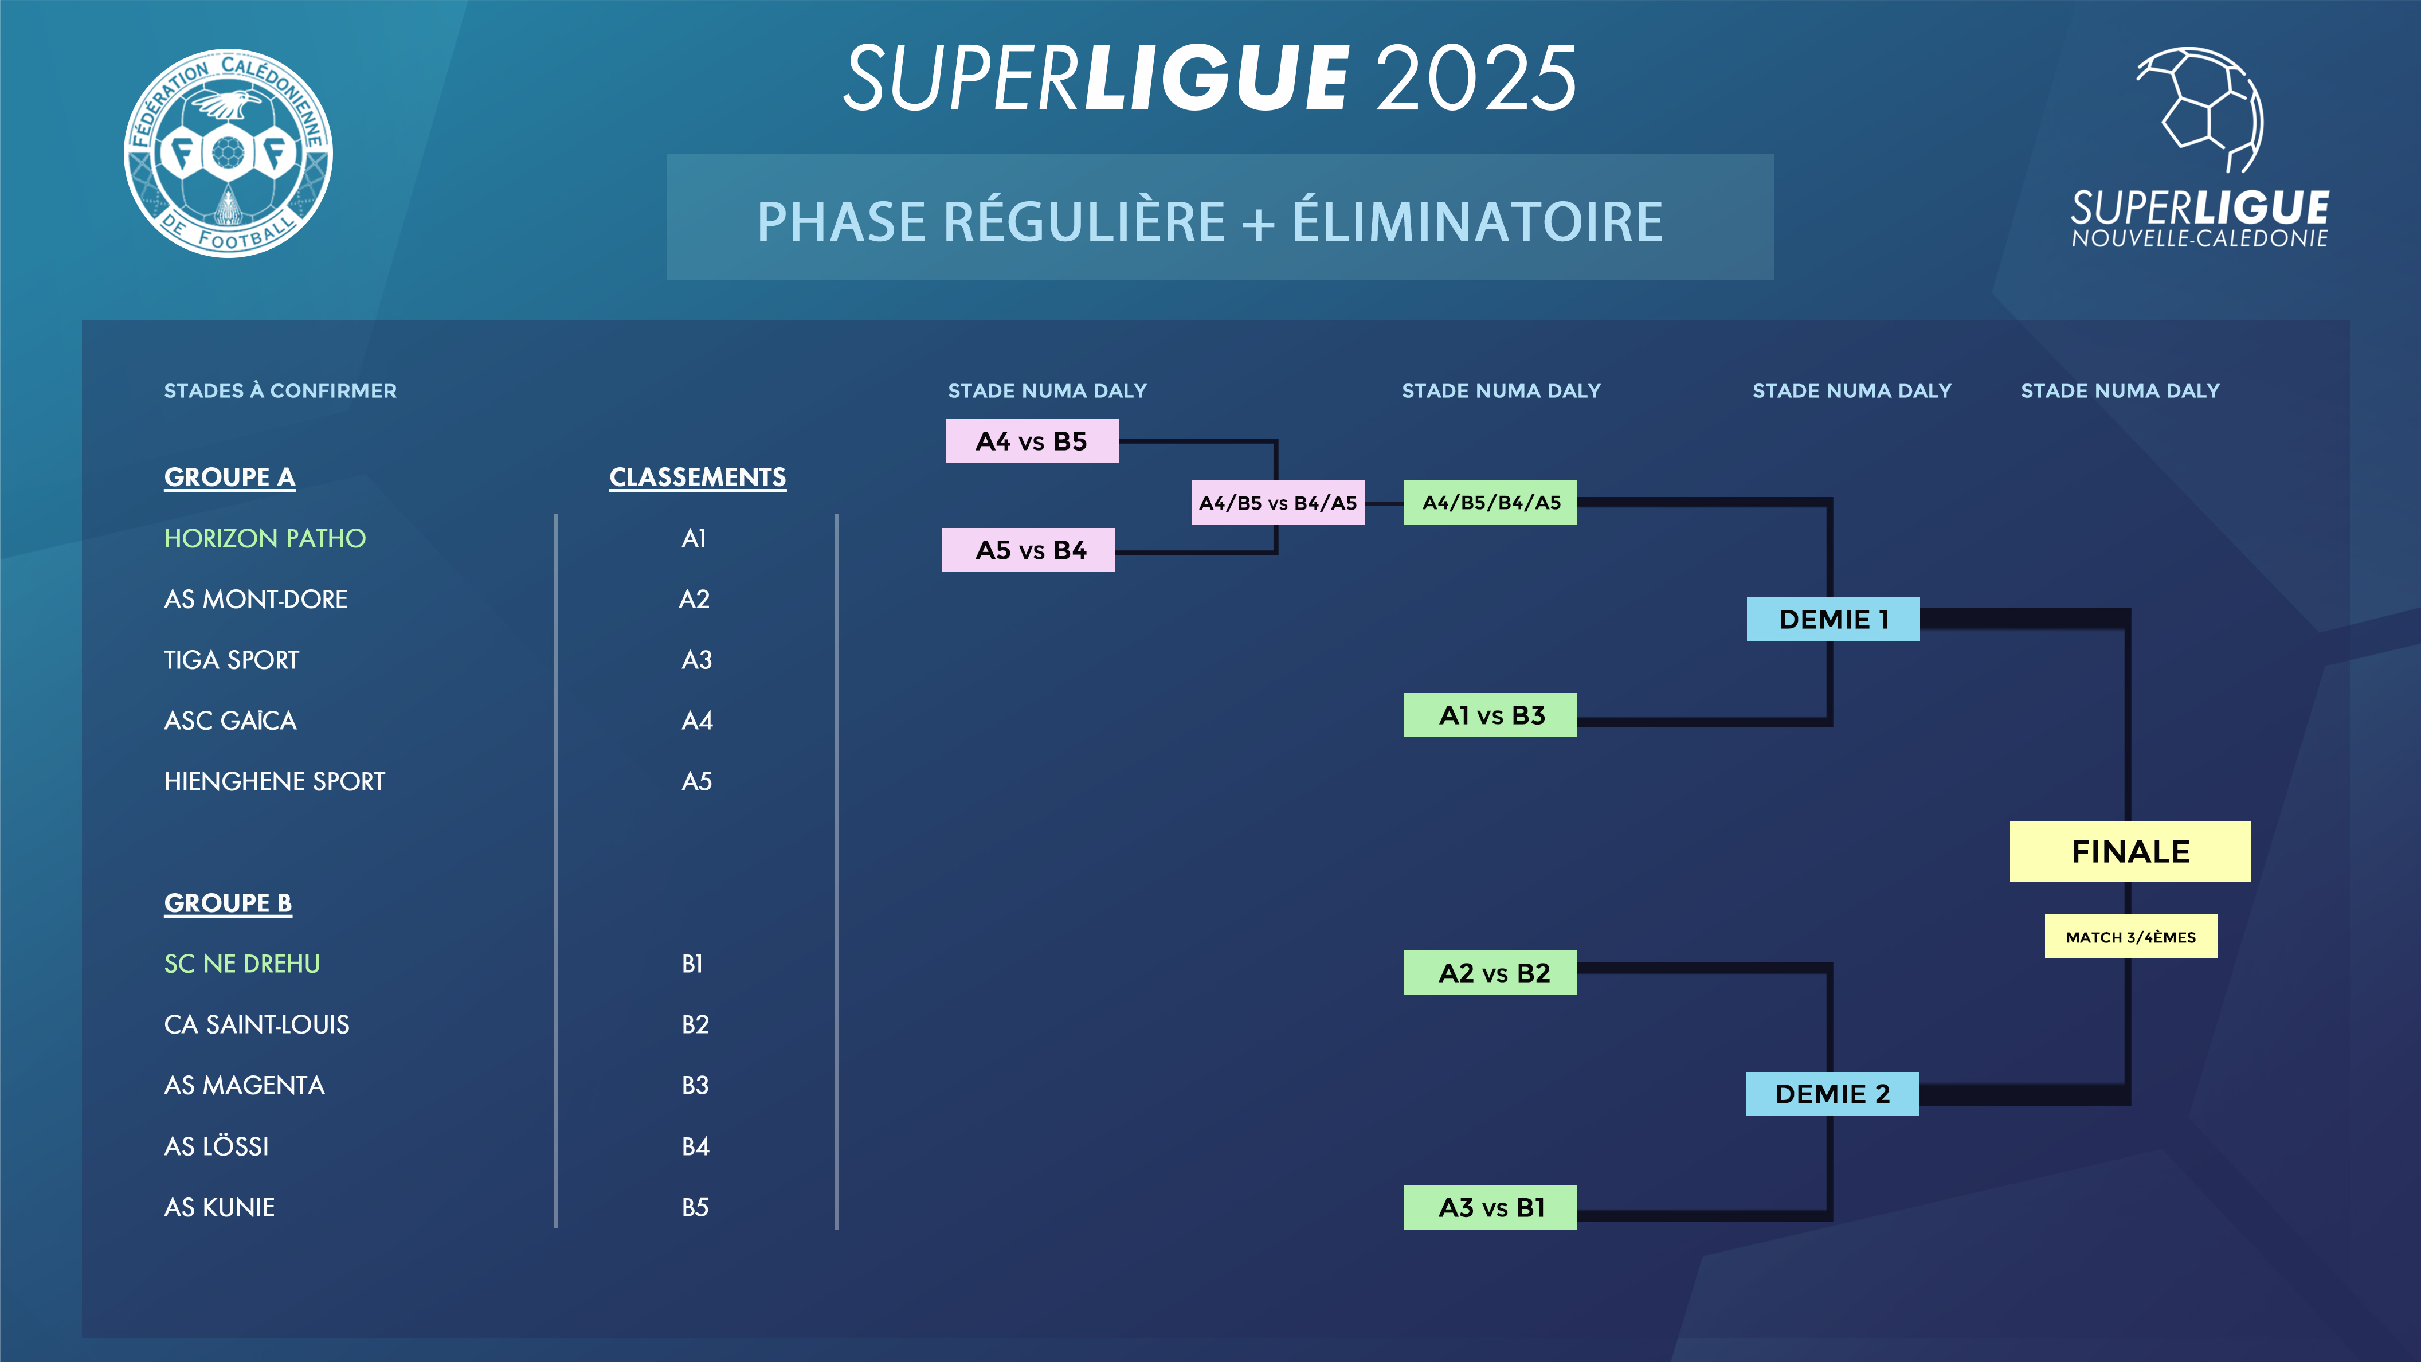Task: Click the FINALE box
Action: (2130, 852)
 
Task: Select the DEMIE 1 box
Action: (1833, 620)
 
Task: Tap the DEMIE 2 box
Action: (1832, 1094)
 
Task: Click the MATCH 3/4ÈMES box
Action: (2130, 937)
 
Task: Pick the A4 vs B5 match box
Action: (1031, 441)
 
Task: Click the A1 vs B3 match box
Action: (1491, 715)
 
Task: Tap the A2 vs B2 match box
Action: (1491, 973)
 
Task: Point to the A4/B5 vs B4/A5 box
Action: (1277, 503)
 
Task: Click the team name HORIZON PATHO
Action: (265, 539)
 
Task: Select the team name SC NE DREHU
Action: (242, 964)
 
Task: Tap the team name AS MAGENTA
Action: (244, 1086)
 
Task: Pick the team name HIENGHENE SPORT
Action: (275, 782)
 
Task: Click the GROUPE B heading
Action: (228, 903)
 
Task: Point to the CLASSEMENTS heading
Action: (698, 478)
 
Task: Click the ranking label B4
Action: (695, 1146)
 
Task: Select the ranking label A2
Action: (695, 600)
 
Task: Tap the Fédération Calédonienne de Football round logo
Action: (228, 152)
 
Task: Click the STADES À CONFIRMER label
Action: (280, 391)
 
